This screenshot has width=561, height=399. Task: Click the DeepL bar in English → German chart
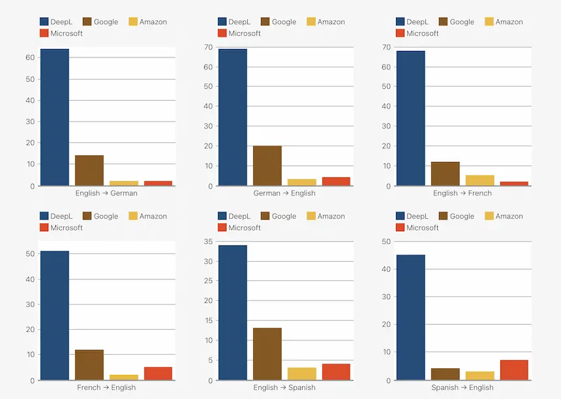tap(55, 118)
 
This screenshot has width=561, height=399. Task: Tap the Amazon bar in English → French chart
tap(479, 180)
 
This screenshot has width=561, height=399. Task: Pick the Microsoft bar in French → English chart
tap(158, 374)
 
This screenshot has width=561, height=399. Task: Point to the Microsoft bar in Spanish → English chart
tap(514, 370)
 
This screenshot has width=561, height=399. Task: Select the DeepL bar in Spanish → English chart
tap(410, 317)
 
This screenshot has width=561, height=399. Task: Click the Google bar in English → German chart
tap(89, 170)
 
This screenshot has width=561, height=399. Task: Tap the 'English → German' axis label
tap(106, 193)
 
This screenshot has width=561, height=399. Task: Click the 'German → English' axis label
tap(284, 193)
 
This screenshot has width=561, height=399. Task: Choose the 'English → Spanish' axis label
tap(284, 388)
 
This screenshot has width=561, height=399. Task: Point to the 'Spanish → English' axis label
tap(462, 388)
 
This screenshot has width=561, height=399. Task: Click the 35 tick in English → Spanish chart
tap(209, 242)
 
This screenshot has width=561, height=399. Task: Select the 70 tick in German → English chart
tap(209, 47)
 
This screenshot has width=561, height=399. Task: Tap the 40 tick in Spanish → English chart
tap(387, 269)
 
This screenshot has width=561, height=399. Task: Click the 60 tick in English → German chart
tap(30, 57)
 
